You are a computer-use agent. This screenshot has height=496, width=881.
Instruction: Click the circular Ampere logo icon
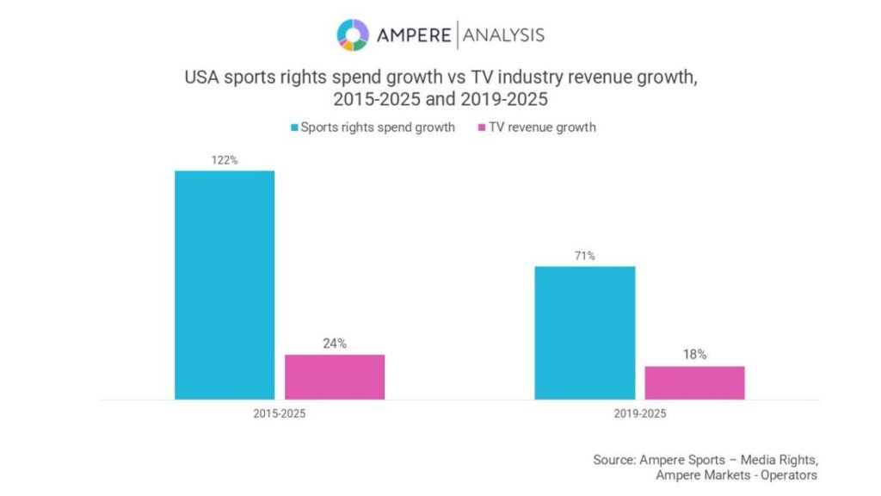352,34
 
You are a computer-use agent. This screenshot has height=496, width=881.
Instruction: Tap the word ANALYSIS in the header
503,35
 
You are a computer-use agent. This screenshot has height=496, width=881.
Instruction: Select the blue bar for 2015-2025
225,285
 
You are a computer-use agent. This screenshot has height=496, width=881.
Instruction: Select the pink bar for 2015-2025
335,376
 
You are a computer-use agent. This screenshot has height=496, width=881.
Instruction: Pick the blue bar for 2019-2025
585,332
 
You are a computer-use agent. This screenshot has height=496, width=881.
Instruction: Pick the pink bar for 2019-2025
694,382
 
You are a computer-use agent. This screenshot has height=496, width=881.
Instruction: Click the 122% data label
225,160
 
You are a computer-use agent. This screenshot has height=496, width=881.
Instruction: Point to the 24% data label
335,344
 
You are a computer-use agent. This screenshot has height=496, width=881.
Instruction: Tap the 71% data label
585,256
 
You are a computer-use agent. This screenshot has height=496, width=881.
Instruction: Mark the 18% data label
694,355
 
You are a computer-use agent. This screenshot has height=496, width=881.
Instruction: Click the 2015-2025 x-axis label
279,413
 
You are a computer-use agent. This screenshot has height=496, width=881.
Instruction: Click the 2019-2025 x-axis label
639,413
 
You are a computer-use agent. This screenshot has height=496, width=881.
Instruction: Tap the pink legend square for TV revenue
481,127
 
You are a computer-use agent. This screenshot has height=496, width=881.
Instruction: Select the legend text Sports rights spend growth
377,127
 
